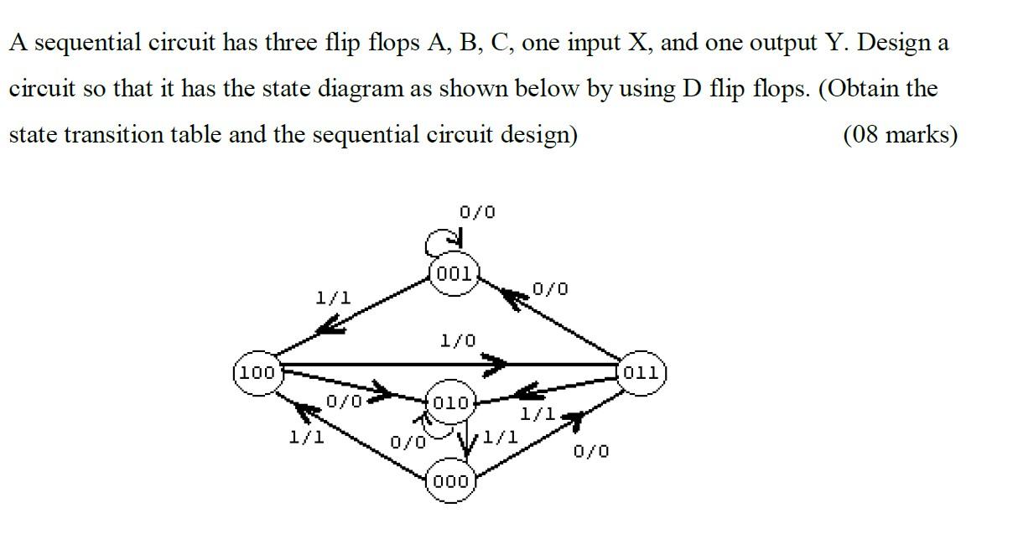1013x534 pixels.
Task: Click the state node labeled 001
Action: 454,273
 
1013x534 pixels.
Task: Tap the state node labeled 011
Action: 642,371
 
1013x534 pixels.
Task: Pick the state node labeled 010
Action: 451,403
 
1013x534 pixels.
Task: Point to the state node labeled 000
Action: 452,482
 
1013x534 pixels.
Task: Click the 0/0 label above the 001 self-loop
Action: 477,212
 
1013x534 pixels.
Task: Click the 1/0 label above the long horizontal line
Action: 457,340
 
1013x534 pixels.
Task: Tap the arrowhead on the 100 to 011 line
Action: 495,365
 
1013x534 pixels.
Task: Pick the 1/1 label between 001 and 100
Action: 333,298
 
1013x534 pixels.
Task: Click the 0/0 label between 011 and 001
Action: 550,289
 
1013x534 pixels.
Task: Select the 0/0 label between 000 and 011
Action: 591,452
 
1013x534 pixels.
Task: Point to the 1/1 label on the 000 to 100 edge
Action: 306,437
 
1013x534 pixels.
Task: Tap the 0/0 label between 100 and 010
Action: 344,402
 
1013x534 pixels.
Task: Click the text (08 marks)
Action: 899,134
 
